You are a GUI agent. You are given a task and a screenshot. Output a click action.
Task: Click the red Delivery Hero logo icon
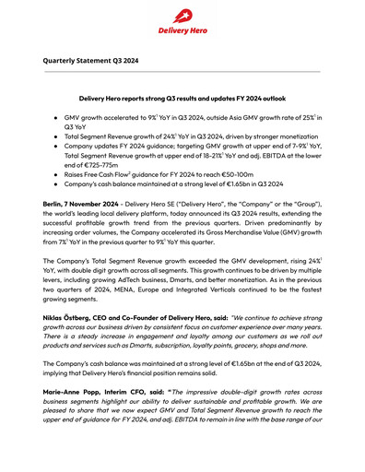[x=182, y=16]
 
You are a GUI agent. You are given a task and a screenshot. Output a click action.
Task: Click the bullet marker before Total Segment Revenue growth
[x=57, y=136]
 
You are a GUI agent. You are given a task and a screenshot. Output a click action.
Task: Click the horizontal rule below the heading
[x=182, y=72]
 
